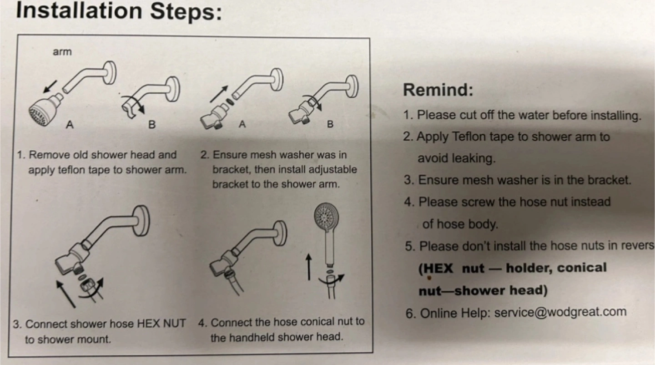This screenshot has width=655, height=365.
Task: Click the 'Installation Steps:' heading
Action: coord(119,12)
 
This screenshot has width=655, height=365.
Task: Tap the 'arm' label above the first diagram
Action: coord(62,52)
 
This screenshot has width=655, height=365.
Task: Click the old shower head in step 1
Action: coord(45,110)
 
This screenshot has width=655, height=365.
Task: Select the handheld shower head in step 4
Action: coord(327,234)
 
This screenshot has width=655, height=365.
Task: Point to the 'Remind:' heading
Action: coord(438,90)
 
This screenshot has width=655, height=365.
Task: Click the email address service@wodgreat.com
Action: coord(560,312)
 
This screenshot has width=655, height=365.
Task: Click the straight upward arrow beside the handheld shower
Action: coord(308,266)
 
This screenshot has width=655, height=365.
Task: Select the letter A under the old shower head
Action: coord(70,125)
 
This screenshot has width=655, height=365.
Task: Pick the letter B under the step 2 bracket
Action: coord(330,124)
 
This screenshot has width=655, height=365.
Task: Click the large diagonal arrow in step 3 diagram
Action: coord(66,294)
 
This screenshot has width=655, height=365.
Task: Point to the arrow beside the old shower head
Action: coord(50,86)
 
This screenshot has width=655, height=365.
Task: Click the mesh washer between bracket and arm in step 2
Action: coord(230,102)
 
